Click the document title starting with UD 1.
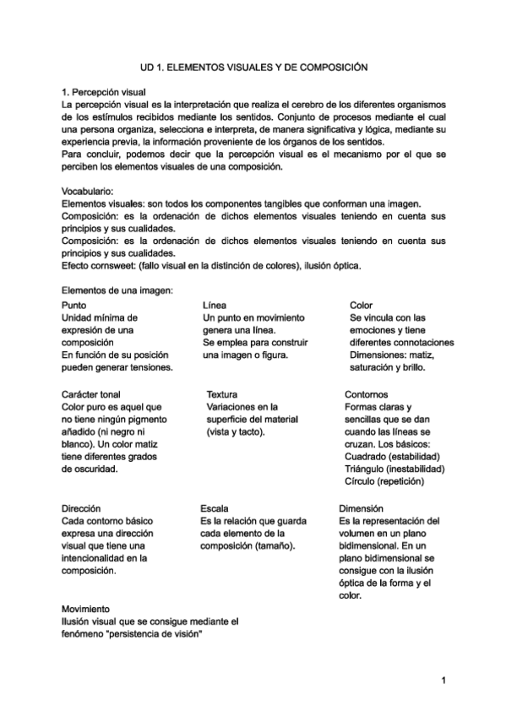254,65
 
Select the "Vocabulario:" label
92,191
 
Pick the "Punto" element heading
74,305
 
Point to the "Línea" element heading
215,305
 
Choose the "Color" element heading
362,305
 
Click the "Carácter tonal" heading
91,394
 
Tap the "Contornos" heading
367,394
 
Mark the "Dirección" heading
82,509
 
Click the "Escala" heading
214,509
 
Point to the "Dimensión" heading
362,509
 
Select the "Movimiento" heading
86,608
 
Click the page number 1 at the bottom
443,680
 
